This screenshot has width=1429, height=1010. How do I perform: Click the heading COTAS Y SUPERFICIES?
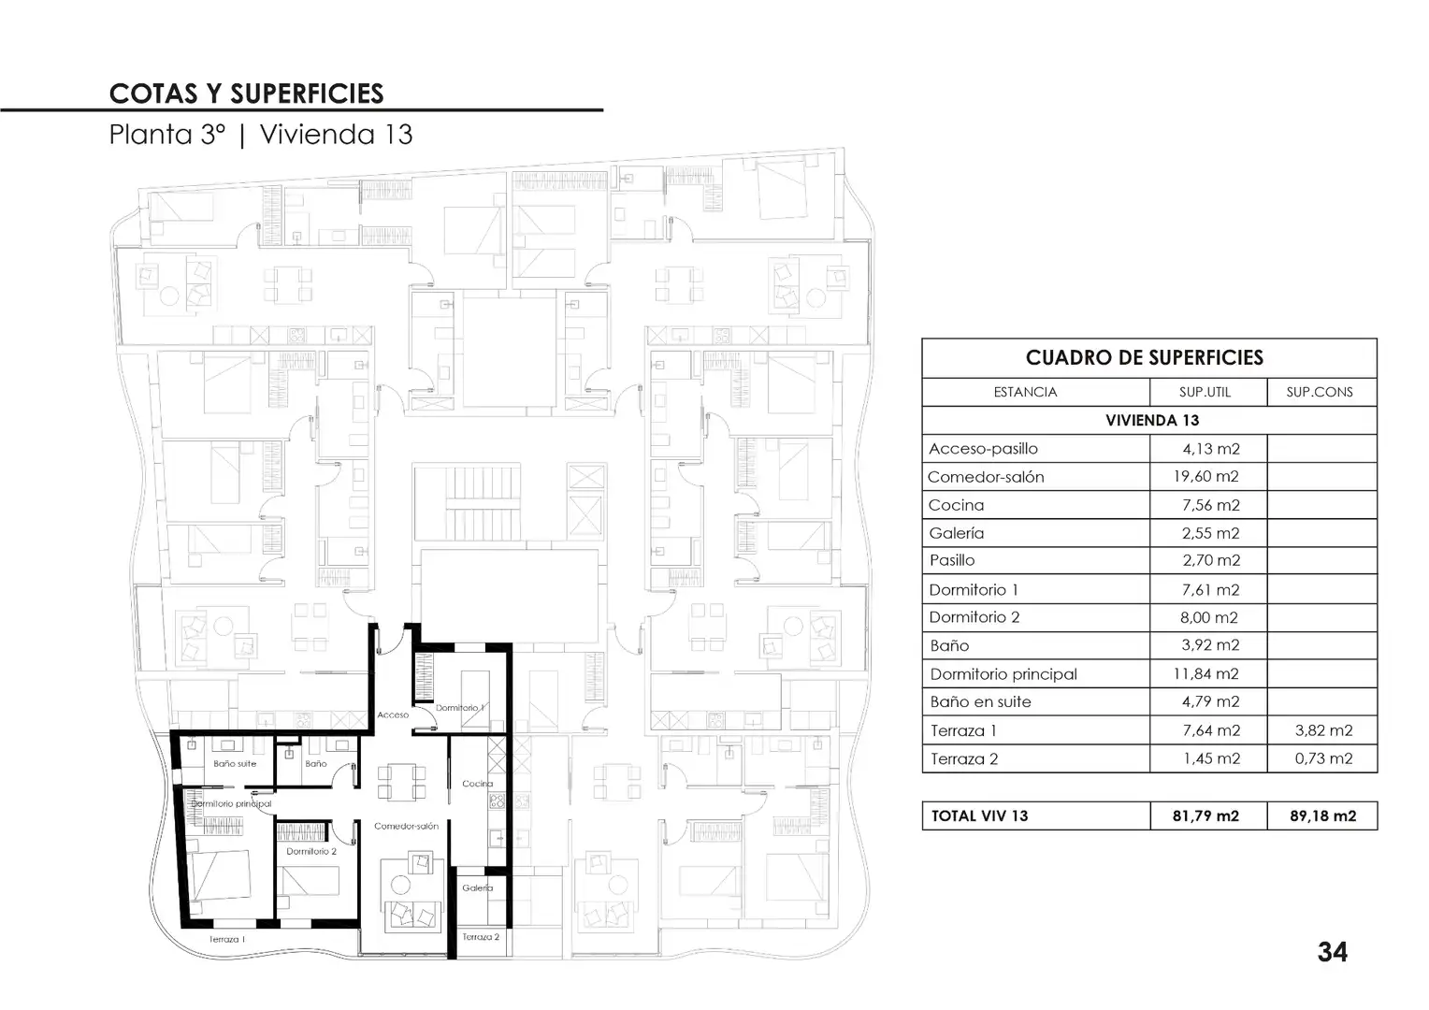point(246,94)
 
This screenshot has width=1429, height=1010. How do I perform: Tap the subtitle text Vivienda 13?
point(336,135)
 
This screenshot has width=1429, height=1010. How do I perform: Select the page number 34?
point(1333,952)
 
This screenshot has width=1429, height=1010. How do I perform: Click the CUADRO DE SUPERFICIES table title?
point(1145,358)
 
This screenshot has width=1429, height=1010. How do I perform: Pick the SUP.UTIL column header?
point(1205,393)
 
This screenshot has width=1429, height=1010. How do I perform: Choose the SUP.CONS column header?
point(1320,393)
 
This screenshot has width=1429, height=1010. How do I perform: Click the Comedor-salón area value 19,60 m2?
point(1205,477)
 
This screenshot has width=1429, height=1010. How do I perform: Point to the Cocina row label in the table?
point(957,505)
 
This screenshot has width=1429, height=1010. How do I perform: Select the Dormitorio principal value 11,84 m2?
point(1205,673)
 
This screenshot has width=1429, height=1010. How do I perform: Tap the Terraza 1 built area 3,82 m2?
point(1323,730)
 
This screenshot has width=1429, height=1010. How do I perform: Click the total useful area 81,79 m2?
point(1205,816)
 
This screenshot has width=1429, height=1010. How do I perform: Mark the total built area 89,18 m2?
point(1323,816)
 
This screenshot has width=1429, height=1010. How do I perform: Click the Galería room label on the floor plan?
point(477,887)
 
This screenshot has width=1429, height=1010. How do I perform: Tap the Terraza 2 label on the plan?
point(481,937)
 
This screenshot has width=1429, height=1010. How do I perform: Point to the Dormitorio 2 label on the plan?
point(311,851)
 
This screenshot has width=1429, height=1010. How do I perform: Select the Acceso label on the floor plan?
point(393,714)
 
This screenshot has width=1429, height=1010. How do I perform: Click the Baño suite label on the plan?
point(235,764)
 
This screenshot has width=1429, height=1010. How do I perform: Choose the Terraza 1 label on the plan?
point(227,939)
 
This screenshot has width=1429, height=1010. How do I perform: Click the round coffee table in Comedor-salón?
point(400,885)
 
